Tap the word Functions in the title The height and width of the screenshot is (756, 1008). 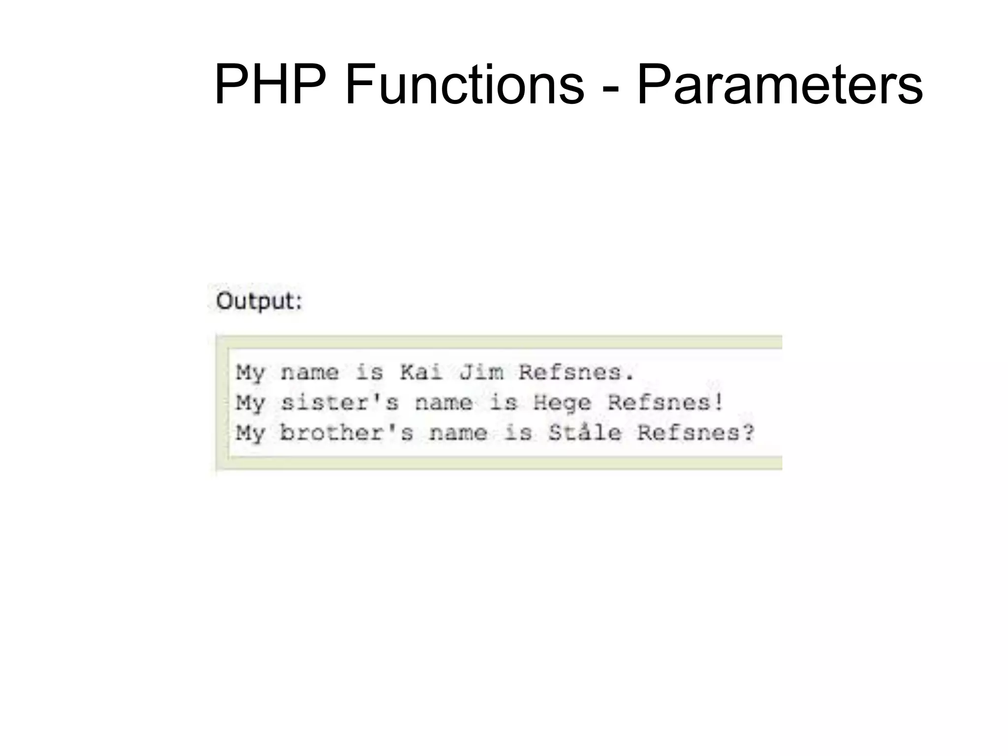click(x=464, y=85)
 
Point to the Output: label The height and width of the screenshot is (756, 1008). click(x=259, y=301)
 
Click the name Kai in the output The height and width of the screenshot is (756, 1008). click(x=421, y=372)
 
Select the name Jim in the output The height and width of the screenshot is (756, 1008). click(x=481, y=372)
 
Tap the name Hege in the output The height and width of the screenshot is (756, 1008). click(x=562, y=403)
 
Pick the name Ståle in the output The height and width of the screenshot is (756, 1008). click(x=585, y=433)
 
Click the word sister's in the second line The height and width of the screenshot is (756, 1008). click(x=340, y=403)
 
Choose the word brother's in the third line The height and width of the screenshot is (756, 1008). click(x=346, y=433)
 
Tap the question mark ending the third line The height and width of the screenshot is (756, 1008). click(x=748, y=432)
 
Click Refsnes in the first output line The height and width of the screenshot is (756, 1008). click(x=570, y=372)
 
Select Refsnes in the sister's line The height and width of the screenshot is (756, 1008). click(x=659, y=403)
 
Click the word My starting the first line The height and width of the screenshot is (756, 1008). click(x=250, y=372)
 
